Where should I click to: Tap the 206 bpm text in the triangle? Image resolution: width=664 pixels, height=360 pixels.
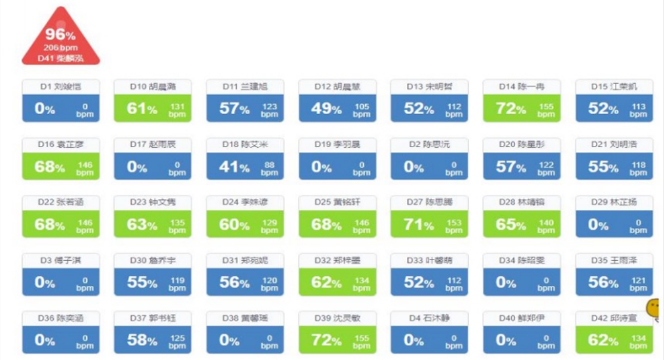point(60,48)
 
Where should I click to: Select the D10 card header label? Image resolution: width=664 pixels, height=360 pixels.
point(152,87)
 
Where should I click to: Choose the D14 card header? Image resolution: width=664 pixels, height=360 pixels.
point(522,87)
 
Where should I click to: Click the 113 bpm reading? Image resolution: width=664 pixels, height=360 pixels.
point(638,110)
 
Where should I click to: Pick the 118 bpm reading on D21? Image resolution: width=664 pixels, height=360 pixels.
point(638,168)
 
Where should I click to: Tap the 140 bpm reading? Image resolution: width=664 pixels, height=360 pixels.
point(546,226)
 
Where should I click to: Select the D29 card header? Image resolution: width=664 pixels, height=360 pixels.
point(614,203)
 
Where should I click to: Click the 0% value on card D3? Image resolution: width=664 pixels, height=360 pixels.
point(45,282)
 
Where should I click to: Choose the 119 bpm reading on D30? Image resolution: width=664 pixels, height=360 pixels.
point(177,283)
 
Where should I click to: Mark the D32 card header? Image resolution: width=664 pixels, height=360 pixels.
point(337,260)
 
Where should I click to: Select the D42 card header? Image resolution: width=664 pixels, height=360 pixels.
point(614,318)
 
